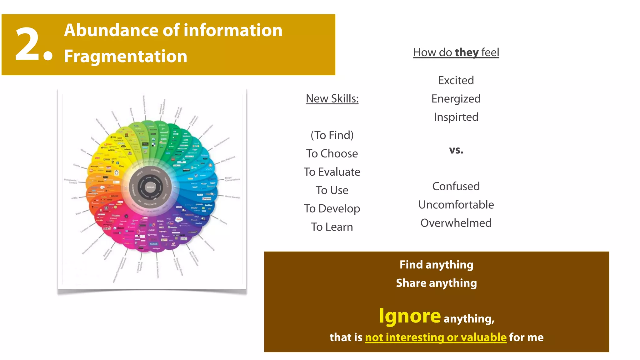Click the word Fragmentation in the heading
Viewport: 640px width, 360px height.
(x=126, y=56)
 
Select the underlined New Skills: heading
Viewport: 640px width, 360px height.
(x=332, y=99)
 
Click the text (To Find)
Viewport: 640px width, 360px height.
(x=332, y=135)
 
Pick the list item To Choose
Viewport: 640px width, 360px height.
(x=332, y=154)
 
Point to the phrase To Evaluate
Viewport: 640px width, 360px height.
(x=332, y=172)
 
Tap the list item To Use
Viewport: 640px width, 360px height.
(x=332, y=190)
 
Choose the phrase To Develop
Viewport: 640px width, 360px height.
(x=332, y=208)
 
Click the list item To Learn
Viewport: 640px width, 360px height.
(x=332, y=227)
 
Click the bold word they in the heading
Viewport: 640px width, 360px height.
(x=467, y=52)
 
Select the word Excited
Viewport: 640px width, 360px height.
(x=456, y=81)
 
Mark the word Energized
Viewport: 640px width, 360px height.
(x=456, y=99)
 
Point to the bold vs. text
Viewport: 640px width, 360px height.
(x=456, y=150)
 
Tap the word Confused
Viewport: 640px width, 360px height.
(x=456, y=187)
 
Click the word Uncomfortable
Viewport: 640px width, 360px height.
(x=456, y=205)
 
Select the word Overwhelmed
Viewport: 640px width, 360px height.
(x=456, y=223)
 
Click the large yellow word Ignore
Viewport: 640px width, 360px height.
(x=410, y=316)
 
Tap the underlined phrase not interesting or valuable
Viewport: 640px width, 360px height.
(x=436, y=337)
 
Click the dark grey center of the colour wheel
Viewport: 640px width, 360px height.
(x=151, y=187)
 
